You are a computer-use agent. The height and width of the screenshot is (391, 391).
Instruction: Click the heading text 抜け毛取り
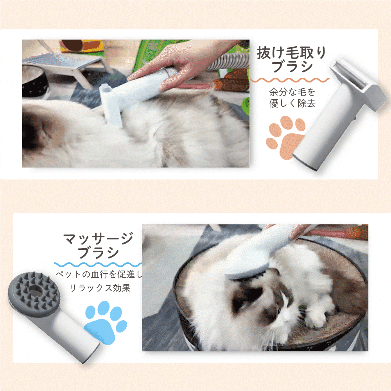(x=292, y=52)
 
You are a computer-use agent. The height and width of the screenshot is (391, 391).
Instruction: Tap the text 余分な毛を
(x=292, y=92)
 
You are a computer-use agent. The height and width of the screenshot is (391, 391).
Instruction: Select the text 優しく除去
(x=292, y=103)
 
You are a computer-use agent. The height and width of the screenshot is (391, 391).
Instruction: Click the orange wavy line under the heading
(x=289, y=80)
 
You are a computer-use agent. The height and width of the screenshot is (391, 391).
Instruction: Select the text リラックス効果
(x=100, y=288)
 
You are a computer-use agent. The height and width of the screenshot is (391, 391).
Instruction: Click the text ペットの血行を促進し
(x=99, y=274)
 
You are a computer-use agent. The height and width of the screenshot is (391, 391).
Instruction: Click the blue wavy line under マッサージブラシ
(x=98, y=264)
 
